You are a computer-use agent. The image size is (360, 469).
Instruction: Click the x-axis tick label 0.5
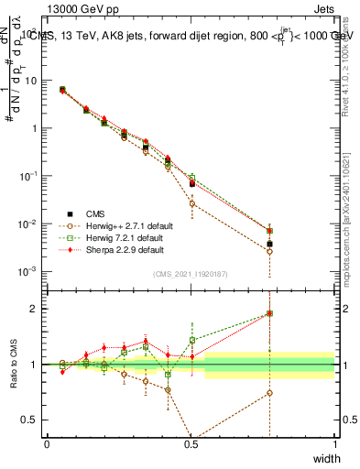[191, 444]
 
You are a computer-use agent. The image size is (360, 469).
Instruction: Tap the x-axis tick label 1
[335, 444]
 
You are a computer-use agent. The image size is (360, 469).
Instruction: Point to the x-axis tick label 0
[47, 444]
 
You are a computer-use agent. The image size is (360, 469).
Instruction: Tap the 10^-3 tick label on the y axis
[27, 271]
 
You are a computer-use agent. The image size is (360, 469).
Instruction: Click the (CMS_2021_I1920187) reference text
[191, 275]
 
